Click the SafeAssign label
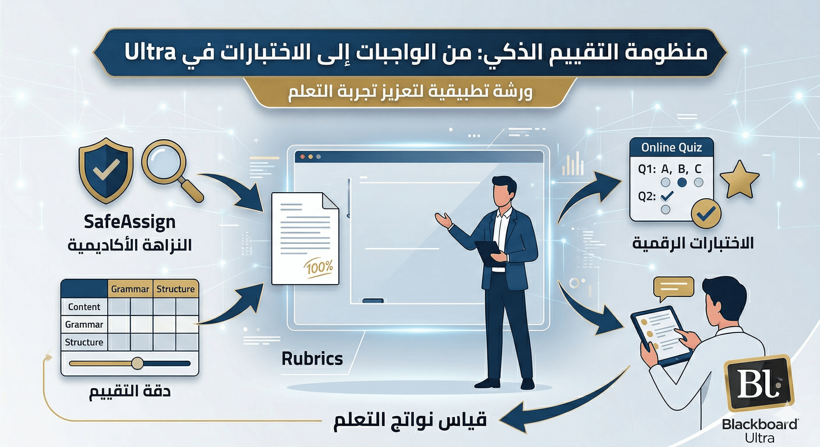tap(130, 222)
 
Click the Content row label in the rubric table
tap(84, 307)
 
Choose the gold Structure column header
tap(175, 289)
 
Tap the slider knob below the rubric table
tap(137, 363)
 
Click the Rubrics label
tap(312, 359)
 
